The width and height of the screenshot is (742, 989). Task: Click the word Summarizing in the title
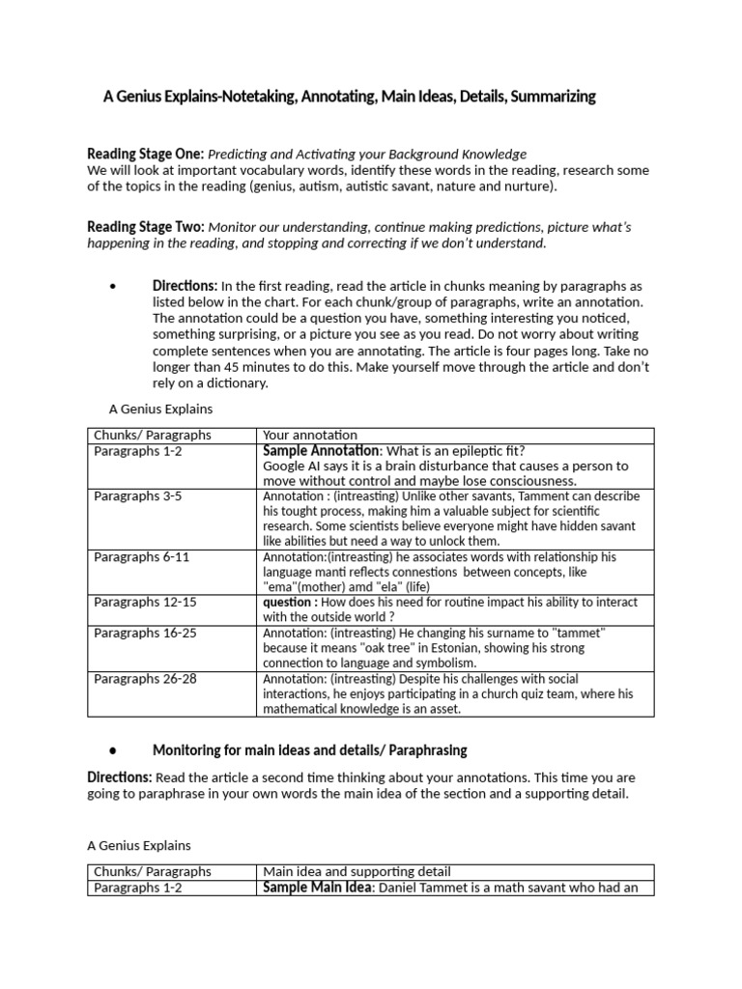pyautogui.click(x=553, y=97)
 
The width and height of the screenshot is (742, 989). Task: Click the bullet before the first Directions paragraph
pyautogui.click(x=114, y=287)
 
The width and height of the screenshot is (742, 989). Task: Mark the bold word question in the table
pyautogui.click(x=285, y=602)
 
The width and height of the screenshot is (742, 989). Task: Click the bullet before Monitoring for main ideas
pyautogui.click(x=114, y=750)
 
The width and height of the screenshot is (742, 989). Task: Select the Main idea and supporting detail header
pyautogui.click(x=357, y=872)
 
